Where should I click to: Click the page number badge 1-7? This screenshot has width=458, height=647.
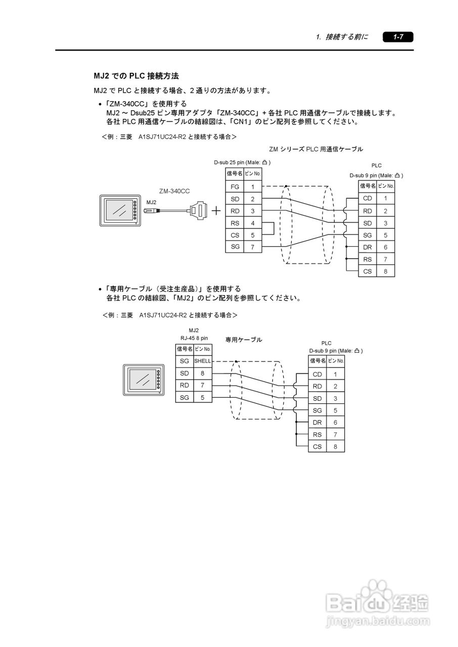click(398, 37)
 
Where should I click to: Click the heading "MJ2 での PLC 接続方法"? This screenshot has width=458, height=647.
click(136, 76)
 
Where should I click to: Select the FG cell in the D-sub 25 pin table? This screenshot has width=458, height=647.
click(235, 187)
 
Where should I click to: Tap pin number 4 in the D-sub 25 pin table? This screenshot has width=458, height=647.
click(253, 223)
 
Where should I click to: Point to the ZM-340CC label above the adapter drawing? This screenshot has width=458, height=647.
click(174, 191)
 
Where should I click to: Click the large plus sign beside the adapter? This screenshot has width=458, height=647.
click(216, 211)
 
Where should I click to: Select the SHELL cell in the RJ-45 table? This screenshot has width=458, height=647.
click(203, 361)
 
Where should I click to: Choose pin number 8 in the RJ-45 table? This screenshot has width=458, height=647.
click(202, 373)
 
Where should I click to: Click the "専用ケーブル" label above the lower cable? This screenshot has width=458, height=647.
click(244, 340)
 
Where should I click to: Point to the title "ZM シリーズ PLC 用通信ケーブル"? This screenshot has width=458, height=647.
click(316, 149)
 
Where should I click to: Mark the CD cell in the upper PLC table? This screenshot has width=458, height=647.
click(368, 199)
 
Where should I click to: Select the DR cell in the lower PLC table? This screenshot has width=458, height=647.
click(317, 422)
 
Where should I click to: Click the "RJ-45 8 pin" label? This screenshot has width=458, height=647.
click(194, 338)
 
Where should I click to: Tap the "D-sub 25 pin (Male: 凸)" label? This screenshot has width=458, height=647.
click(242, 162)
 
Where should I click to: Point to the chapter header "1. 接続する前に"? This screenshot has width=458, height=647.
click(342, 37)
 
